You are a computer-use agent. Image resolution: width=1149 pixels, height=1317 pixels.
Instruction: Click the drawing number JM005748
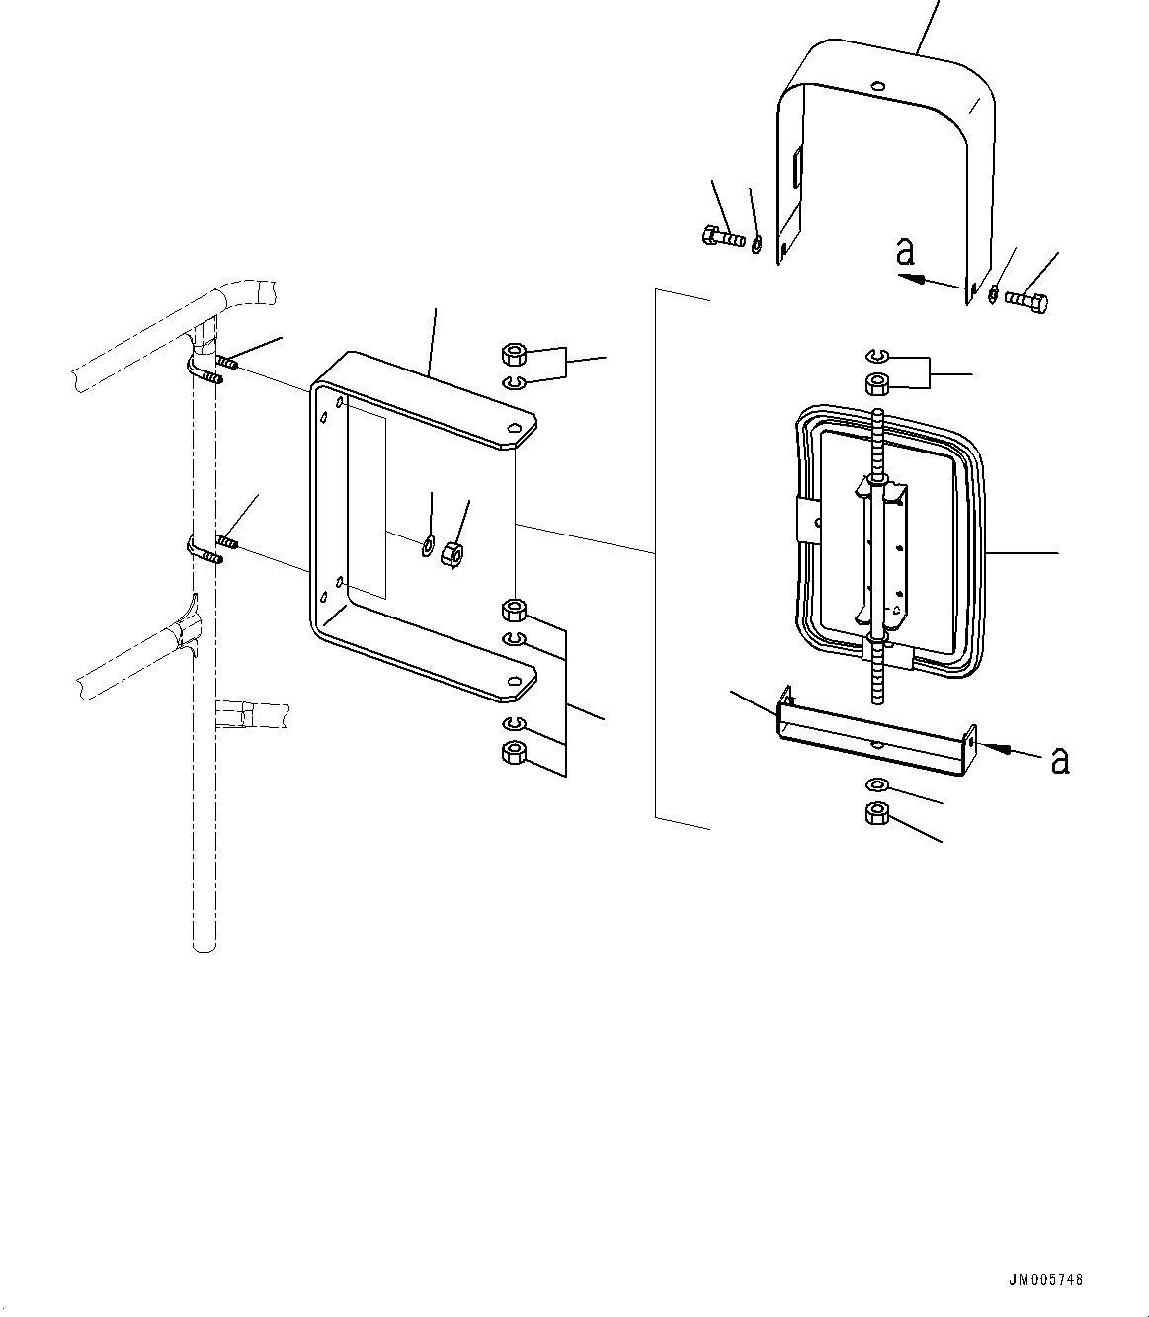point(1046,1279)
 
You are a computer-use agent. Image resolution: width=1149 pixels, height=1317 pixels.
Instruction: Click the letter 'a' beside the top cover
point(905,253)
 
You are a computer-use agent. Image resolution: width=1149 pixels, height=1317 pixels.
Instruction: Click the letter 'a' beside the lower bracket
point(1059,760)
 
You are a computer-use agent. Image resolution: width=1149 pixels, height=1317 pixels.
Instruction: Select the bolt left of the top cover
point(722,237)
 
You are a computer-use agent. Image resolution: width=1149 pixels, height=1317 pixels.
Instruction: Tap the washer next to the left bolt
point(757,242)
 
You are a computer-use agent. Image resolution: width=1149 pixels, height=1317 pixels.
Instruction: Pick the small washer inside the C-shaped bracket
point(427,544)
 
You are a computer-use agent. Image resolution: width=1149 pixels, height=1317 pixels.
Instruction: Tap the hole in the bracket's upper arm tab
point(514,428)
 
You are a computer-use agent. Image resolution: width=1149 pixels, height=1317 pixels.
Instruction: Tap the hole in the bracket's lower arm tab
point(514,681)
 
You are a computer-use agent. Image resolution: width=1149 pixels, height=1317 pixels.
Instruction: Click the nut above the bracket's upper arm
point(513,354)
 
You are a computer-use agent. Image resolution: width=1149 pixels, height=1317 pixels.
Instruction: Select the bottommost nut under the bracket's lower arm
point(513,754)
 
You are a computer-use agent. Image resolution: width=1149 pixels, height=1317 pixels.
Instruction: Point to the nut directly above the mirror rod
point(875,383)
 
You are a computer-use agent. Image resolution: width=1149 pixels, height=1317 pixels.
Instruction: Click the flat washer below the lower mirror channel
point(875,785)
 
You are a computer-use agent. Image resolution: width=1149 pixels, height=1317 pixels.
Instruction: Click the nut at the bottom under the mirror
point(875,814)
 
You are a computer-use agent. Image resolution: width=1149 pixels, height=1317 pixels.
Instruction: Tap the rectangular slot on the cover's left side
point(797,167)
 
